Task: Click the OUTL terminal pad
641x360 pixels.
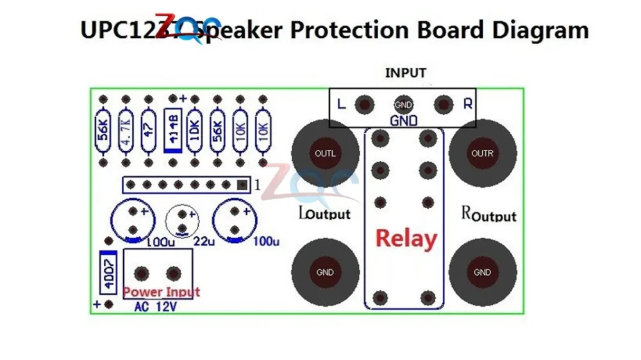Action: [325, 153]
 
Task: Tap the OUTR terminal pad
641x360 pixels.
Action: [482, 153]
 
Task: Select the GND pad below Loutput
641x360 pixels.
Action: [325, 272]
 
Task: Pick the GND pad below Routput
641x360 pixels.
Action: [482, 272]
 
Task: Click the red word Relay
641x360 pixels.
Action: [406, 238]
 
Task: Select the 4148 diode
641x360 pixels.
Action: [172, 131]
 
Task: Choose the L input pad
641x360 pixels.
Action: [365, 103]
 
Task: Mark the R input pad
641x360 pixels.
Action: [442, 103]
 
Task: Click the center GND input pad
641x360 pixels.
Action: [403, 104]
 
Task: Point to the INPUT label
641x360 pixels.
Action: [405, 73]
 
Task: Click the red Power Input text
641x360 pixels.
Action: [161, 292]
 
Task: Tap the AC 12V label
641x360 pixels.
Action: [156, 307]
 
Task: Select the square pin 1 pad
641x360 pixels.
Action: [242, 184]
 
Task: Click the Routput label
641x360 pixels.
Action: [488, 214]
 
